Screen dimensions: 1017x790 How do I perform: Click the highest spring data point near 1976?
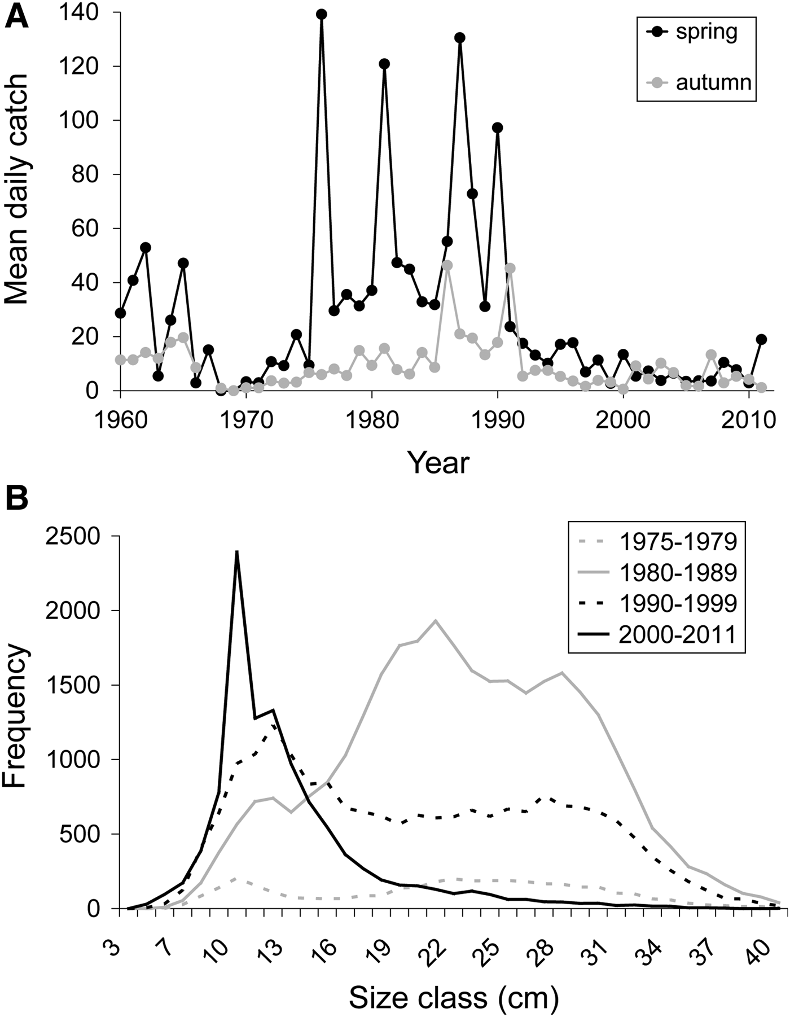pyautogui.click(x=322, y=14)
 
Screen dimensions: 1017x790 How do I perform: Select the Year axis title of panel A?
pyautogui.click(x=438, y=463)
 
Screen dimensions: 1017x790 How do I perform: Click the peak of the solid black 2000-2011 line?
pyautogui.click(x=237, y=551)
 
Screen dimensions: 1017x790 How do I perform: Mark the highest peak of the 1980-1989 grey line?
pyautogui.click(x=436, y=620)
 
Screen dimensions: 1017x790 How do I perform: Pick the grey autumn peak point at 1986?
pyautogui.click(x=447, y=265)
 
